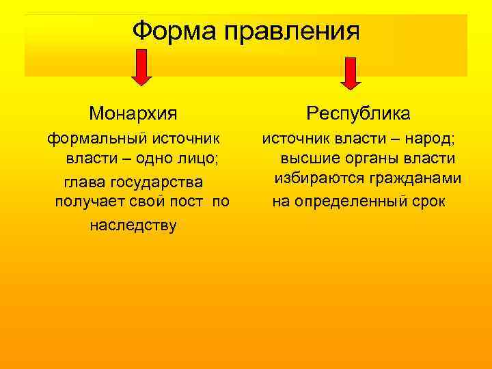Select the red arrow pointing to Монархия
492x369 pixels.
pyautogui.click(x=141, y=69)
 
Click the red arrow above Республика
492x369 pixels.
pyautogui.click(x=351, y=72)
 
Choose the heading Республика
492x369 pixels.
pyautogui.click(x=359, y=111)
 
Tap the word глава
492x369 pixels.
pyautogui.click(x=84, y=183)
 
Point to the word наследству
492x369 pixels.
pyautogui.click(x=133, y=225)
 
